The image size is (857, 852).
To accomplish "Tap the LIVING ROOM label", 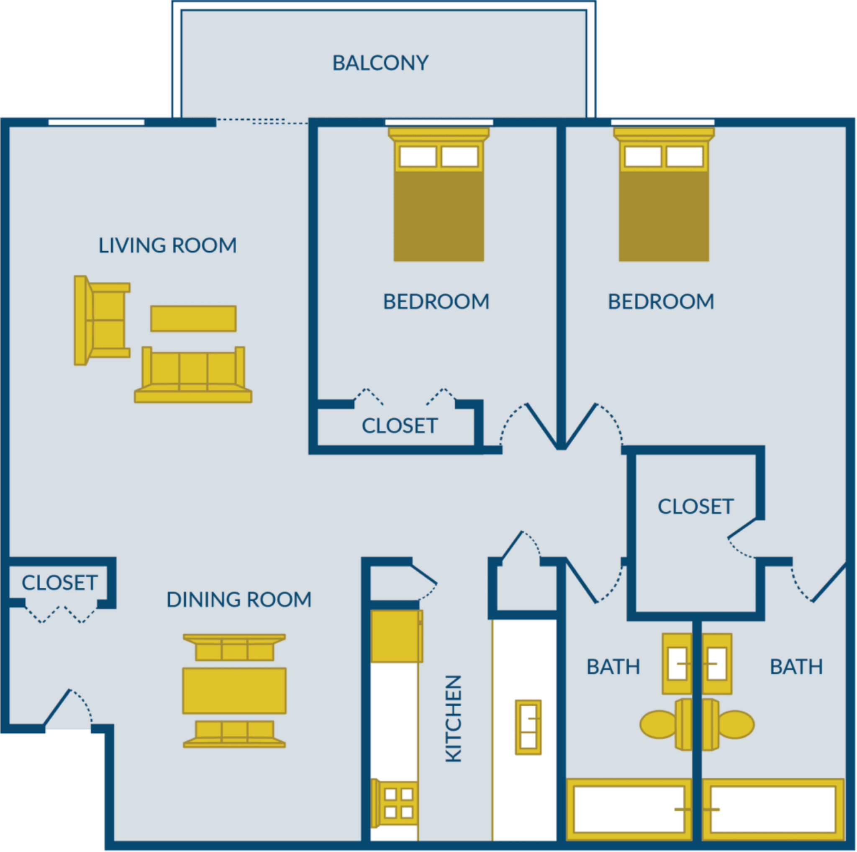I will [167, 245].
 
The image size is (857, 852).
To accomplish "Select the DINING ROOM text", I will [239, 600].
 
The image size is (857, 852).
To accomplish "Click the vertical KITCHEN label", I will [453, 718].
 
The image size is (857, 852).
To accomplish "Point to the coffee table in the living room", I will [193, 318].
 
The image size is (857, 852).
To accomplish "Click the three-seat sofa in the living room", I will [193, 376].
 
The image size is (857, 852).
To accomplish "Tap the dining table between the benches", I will [234, 690].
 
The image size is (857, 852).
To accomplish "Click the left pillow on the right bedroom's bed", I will [642, 156].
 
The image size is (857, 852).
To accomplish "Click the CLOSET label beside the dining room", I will [59, 583].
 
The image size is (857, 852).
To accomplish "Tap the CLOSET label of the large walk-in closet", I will [695, 507].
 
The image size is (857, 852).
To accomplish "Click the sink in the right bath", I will [717, 664].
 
